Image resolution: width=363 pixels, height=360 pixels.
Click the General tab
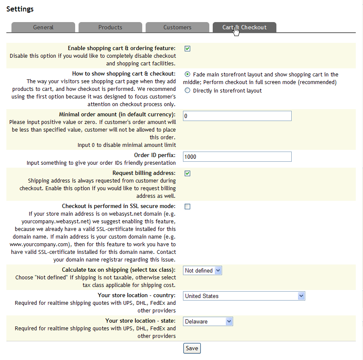[x=43, y=27]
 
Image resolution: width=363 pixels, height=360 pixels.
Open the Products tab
[x=110, y=27]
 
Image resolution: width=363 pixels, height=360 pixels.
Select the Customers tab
[x=177, y=27]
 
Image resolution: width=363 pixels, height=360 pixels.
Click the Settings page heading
[x=20, y=9]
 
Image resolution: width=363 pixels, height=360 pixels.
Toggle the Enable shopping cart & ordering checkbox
[x=188, y=48]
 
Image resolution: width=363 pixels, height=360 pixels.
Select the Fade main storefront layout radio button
[x=188, y=74]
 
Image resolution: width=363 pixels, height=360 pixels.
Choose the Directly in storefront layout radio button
[x=188, y=90]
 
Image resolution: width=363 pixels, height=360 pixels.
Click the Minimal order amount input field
[x=237, y=116]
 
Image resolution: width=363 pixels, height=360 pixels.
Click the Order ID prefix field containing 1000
[x=237, y=157]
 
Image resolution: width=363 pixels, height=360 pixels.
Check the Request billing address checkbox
[x=188, y=173]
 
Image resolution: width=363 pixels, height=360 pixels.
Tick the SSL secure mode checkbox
[x=188, y=206]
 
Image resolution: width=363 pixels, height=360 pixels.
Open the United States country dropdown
[x=244, y=296]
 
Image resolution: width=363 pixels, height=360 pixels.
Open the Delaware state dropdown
[x=208, y=321]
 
